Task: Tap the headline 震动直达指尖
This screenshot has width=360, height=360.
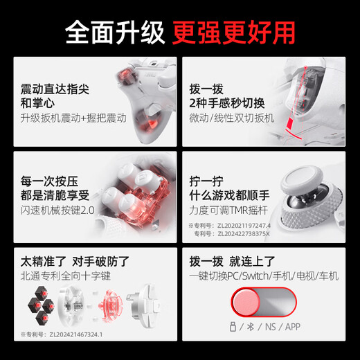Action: coord(56,90)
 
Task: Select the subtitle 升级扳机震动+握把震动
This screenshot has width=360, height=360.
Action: coord(74,118)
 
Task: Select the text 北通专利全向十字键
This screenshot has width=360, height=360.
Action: coord(63,276)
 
